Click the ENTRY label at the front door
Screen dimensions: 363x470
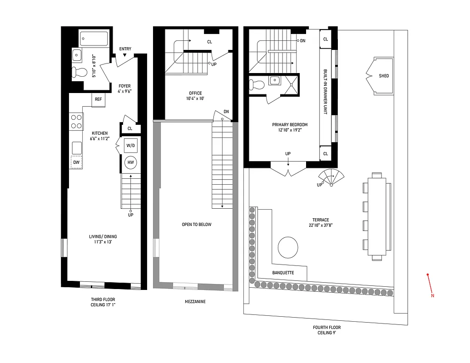[125, 49]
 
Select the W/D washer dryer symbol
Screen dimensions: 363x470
[129, 146]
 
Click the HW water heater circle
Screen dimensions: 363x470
[130, 162]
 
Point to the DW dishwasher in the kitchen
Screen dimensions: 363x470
[76, 162]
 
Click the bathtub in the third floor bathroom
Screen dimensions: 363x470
[94, 39]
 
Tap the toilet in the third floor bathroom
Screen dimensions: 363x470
[79, 72]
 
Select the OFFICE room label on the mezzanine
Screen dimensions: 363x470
[196, 93]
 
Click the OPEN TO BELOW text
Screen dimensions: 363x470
[196, 225]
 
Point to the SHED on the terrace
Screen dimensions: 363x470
[384, 76]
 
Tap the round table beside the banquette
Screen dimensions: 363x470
[288, 248]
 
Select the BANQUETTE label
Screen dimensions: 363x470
[283, 273]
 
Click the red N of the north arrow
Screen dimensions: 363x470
[432, 296]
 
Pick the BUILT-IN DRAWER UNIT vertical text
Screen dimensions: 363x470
[326, 92]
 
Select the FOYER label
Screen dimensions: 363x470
[125, 86]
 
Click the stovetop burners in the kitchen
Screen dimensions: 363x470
[76, 121]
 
